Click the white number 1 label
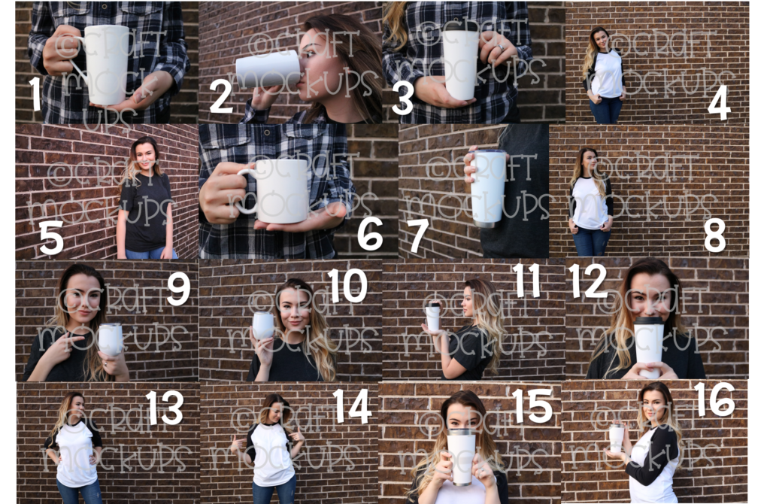tap(35, 93)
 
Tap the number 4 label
tap(718, 102)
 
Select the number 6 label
tap(370, 233)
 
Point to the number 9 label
tap(178, 289)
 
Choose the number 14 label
tap(352, 406)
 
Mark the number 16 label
tap(714, 399)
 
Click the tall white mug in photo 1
tap(107, 64)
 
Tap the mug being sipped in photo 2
tap(268, 69)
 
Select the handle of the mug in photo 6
tap(245, 193)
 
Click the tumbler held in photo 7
tap(489, 188)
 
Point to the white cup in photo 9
tap(111, 339)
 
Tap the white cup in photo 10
tap(263, 326)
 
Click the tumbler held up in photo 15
tap(461, 456)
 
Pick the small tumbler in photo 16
tap(617, 438)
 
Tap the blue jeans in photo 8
tap(591, 241)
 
